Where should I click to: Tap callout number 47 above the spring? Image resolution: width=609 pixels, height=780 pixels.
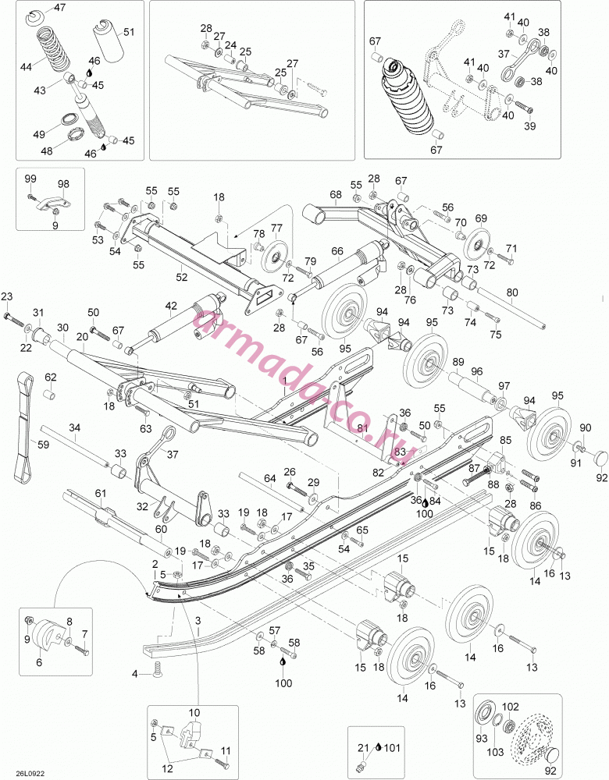point(59,8)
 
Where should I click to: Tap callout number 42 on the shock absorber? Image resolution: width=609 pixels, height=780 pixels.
point(171,306)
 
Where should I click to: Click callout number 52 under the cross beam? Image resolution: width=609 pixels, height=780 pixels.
point(182,277)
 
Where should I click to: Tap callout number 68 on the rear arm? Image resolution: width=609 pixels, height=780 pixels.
point(336,194)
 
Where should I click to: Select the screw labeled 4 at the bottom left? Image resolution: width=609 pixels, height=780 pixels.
point(158,669)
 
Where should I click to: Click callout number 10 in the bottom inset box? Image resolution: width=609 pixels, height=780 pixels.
point(194,713)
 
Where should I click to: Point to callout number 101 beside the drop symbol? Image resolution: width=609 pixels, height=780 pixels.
point(393,747)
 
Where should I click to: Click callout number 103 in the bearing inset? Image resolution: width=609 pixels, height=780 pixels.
point(495,752)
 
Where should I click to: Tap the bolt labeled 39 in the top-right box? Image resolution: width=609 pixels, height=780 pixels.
point(525,105)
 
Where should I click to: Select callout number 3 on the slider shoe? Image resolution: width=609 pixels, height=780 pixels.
point(198,620)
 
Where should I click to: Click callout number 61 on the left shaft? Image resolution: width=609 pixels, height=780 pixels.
point(101,493)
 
